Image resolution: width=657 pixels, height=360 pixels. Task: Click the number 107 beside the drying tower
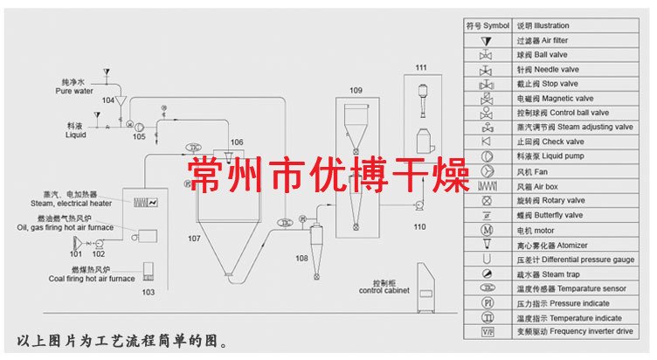pos(195,238)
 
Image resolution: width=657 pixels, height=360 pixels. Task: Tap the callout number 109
pos(356,91)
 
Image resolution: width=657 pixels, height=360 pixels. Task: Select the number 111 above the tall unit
pos(420,68)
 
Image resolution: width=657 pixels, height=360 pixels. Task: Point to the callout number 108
pos(302,260)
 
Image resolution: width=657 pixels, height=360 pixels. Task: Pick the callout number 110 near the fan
pos(419,226)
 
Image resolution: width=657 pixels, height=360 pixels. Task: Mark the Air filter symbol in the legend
pos(486,40)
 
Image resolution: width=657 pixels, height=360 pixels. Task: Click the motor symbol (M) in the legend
pos(486,231)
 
